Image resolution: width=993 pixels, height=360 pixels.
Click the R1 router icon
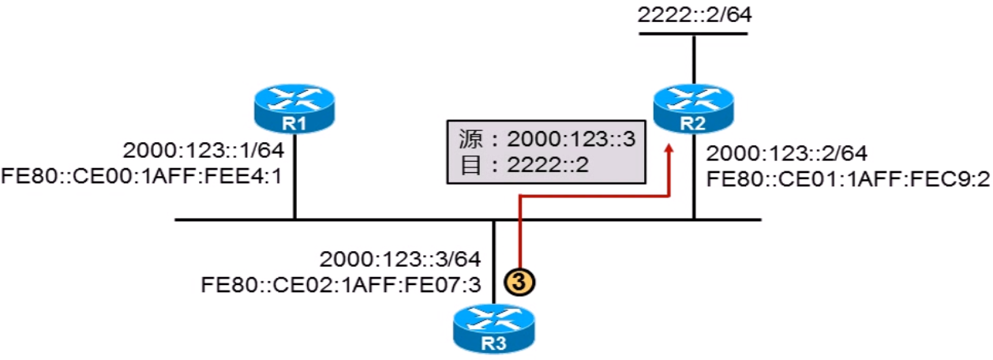(x=294, y=110)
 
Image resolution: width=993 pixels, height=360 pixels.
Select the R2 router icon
(x=694, y=110)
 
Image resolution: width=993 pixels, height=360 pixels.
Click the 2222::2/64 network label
(x=693, y=13)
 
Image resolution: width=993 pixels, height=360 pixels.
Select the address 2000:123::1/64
(x=203, y=151)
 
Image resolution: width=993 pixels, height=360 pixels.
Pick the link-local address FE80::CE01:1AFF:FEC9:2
(x=848, y=178)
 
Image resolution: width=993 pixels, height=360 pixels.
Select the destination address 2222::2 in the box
(x=545, y=168)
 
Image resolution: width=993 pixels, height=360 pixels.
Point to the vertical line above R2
(x=693, y=59)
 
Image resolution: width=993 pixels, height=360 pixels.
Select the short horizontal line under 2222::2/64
(x=693, y=34)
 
